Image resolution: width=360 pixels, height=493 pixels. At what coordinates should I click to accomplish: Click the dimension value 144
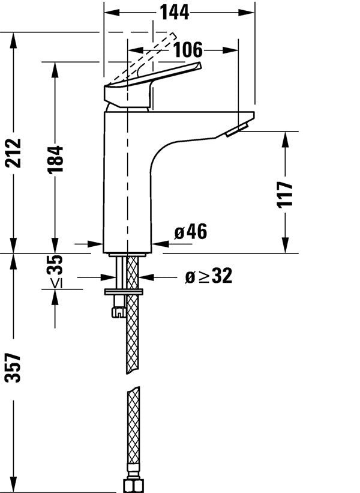pyautogui.click(x=174, y=12)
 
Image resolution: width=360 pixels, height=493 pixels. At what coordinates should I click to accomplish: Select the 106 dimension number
pyautogui.click(x=188, y=50)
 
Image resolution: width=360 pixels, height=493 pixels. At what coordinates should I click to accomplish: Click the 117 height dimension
pyautogui.click(x=286, y=193)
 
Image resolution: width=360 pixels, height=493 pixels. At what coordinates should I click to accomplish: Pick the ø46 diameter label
pyautogui.click(x=190, y=232)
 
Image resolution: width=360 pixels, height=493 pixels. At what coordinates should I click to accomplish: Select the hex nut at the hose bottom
pyautogui.click(x=132, y=485)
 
